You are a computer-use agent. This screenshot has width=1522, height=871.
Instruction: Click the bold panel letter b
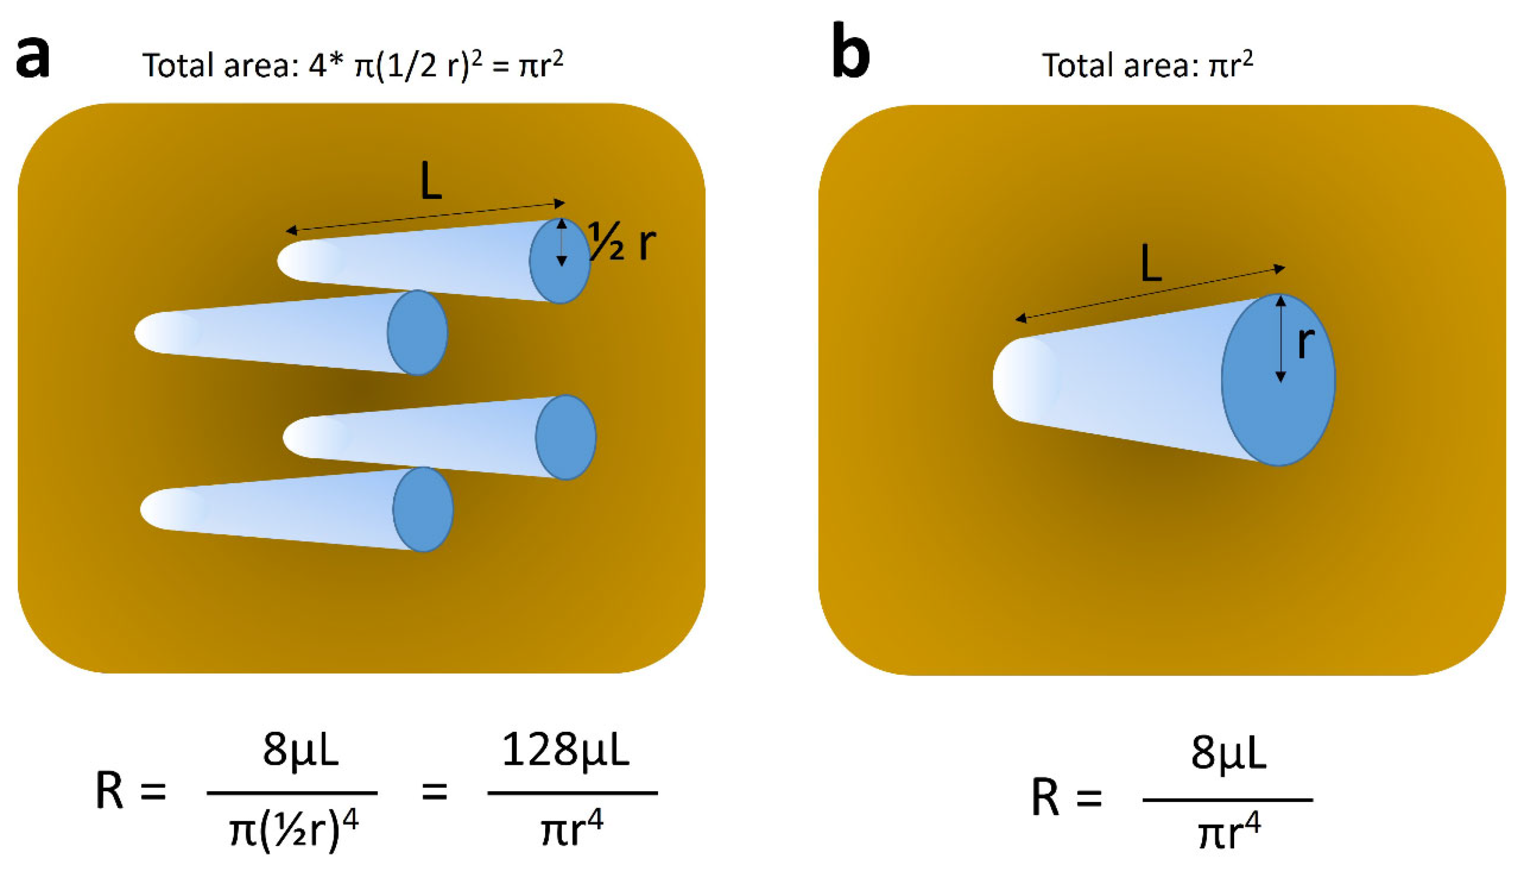point(851,54)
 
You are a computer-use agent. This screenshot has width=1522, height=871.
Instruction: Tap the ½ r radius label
point(622,242)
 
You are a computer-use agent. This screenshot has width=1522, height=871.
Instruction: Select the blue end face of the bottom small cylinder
point(423,509)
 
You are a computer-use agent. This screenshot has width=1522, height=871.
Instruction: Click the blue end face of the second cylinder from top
point(417,333)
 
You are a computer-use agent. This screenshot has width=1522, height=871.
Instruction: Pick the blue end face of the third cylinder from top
point(566,437)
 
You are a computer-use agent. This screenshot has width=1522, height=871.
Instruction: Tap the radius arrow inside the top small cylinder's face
point(561,242)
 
